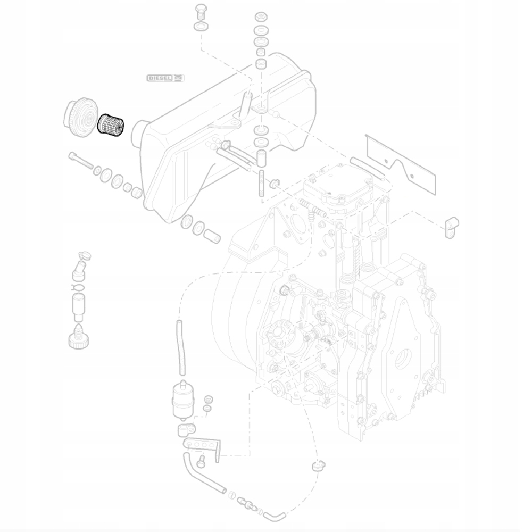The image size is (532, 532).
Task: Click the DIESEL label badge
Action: (165, 78)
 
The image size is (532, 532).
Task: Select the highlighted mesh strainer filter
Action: (111, 124)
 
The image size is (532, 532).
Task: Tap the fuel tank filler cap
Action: (80, 117)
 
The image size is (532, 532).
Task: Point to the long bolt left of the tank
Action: (81, 161)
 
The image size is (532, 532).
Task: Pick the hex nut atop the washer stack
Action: (261, 16)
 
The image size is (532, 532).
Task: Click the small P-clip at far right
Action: (452, 227)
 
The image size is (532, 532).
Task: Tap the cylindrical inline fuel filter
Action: (183, 401)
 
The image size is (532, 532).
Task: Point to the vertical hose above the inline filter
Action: (181, 348)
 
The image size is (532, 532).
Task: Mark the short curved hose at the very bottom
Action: (274, 517)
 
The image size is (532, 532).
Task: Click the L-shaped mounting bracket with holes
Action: (203, 448)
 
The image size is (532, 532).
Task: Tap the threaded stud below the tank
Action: (262, 183)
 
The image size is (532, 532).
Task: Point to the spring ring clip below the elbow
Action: (79, 288)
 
